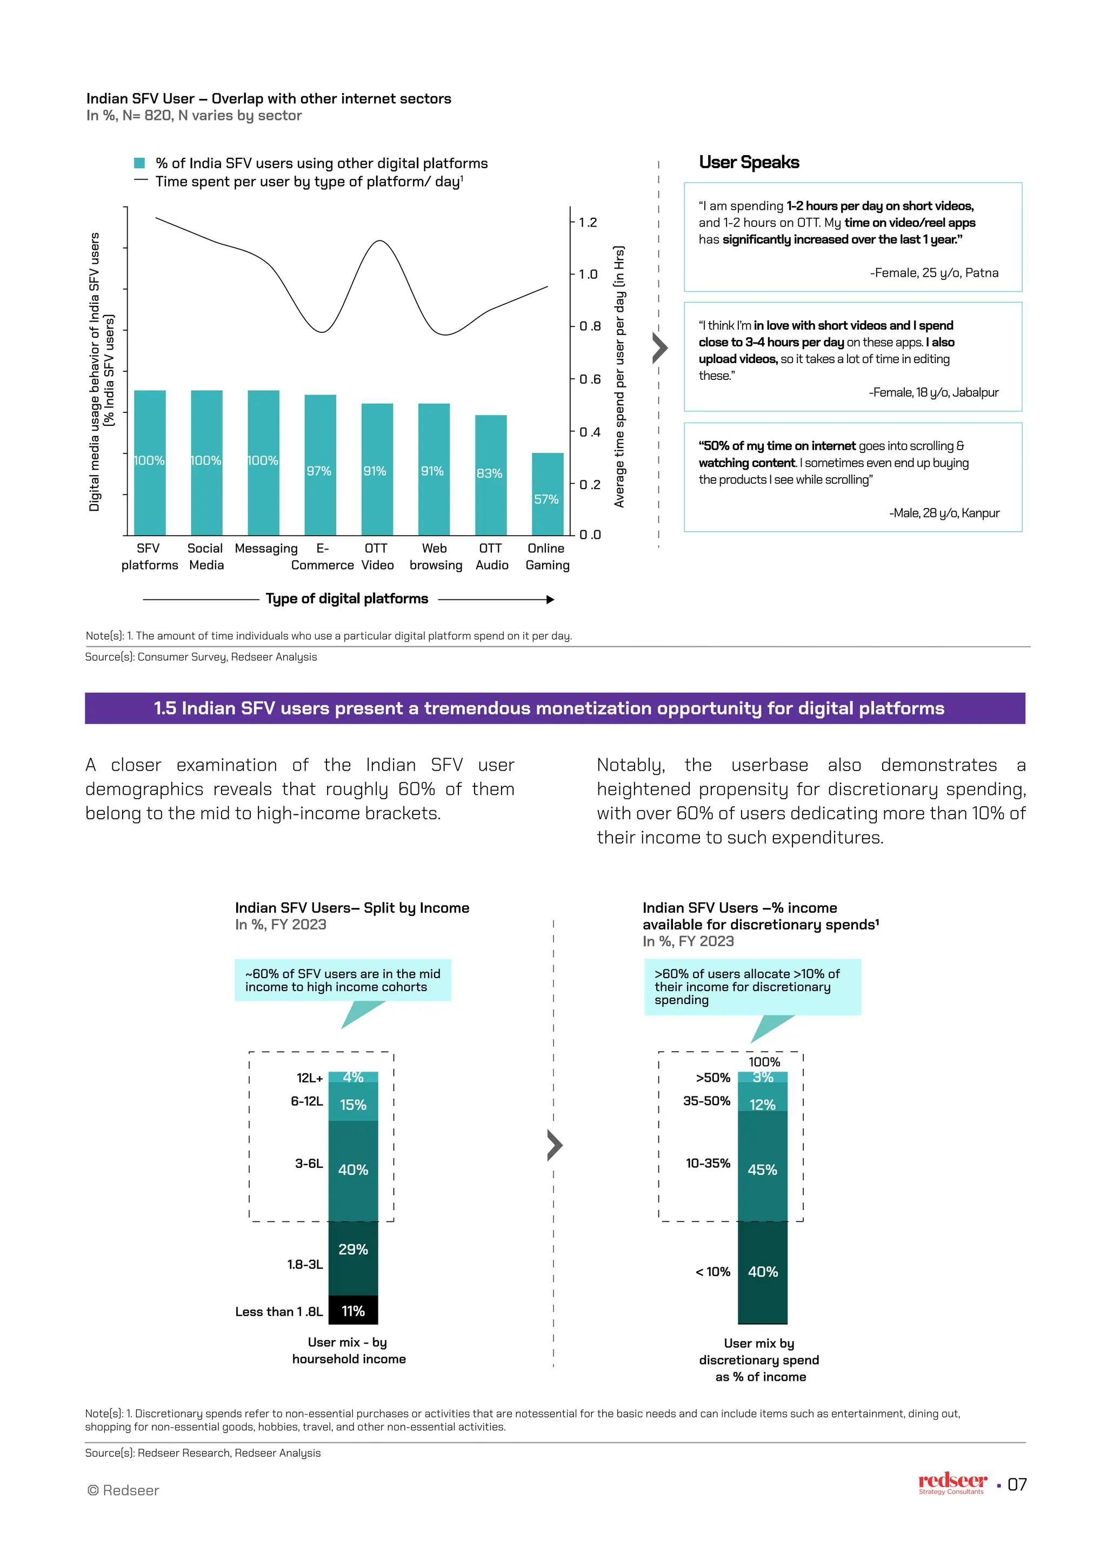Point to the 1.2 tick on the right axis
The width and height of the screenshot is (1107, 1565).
coord(587,222)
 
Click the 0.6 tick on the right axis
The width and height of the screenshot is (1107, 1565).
coord(589,379)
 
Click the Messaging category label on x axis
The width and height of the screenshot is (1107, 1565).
coord(266,549)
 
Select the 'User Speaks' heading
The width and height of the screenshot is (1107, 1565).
coord(749,162)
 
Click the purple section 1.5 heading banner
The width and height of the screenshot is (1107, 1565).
coord(554,708)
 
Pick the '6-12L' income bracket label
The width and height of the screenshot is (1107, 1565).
coord(306,1101)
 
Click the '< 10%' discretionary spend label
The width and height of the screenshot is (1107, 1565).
coord(712,1272)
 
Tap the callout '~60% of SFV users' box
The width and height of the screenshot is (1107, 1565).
coord(343,980)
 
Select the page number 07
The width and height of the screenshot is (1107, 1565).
coord(1017,1484)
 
